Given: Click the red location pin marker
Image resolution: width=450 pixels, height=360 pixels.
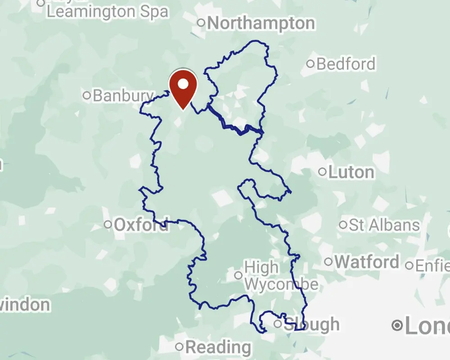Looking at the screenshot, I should coord(183,90).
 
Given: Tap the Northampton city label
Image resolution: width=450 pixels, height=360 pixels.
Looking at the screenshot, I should coord(261,23).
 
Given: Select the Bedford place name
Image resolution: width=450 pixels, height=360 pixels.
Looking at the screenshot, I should coord(346,64).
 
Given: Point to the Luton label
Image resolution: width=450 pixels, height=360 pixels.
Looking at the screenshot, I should coord(351,172).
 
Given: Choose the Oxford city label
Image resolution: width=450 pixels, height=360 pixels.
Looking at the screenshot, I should coord(141,225).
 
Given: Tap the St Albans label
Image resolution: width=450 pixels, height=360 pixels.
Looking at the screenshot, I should coord(384,225).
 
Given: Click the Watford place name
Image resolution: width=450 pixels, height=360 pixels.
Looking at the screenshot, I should coord(367,261).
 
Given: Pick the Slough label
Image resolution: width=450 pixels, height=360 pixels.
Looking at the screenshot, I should coord(312,324).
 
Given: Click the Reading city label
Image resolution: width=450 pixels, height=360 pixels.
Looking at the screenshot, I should coord(218,347).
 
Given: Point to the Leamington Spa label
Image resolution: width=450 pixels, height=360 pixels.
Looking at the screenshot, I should coord(108,11).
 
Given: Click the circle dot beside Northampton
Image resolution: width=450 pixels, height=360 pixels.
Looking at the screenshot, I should coord(202,22).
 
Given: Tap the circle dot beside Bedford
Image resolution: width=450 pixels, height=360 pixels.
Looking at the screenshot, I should coord(310,63).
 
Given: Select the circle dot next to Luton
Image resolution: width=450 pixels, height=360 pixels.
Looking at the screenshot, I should coord(322,171).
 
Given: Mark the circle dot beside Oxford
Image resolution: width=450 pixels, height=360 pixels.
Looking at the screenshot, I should coord(108,224).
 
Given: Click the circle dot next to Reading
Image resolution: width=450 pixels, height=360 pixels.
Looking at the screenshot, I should coord(180,346).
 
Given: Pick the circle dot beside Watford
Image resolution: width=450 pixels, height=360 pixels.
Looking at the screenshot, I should coord(328,261).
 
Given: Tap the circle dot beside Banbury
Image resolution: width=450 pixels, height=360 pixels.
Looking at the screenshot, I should coord(87,95).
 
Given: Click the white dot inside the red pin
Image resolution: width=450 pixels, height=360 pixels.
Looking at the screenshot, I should coord(183,84).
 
